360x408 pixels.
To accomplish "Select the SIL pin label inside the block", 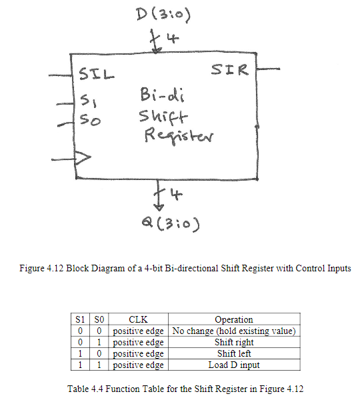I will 97,74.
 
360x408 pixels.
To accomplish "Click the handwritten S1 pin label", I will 88,103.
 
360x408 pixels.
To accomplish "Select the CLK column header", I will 139,319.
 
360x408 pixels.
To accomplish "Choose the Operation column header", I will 234,319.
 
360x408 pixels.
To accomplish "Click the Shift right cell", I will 234,342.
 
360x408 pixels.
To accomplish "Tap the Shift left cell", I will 234,353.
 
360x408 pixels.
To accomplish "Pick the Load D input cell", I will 234,365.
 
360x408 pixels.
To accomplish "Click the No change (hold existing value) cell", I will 234,331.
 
